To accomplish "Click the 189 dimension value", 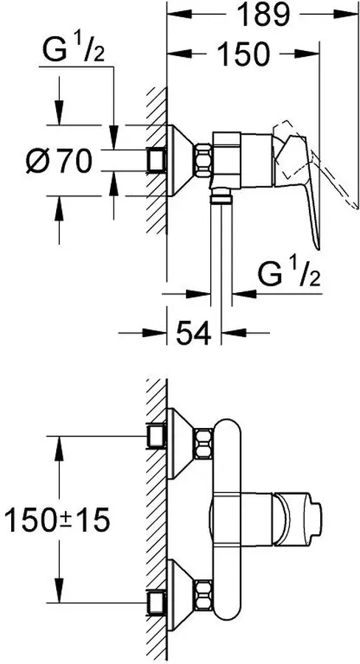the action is pyautogui.click(x=263, y=15).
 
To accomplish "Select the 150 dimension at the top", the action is pyautogui.click(x=243, y=54).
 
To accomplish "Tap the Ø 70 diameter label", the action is pyautogui.click(x=59, y=161).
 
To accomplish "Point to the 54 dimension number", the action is pyautogui.click(x=193, y=333).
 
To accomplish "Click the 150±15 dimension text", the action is pyautogui.click(x=57, y=519).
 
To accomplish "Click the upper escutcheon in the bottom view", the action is pyautogui.click(x=181, y=443).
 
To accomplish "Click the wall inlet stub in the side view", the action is pyautogui.click(x=156, y=160).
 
